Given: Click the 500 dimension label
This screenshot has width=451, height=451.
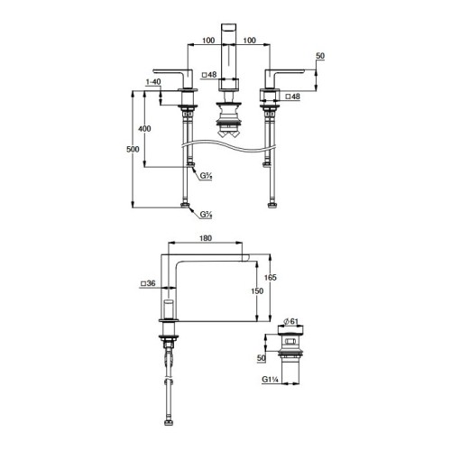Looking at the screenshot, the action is click(x=133, y=149).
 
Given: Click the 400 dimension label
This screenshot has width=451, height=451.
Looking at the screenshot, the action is click(x=144, y=129).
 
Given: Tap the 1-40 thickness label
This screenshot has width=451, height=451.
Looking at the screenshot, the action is click(x=153, y=82).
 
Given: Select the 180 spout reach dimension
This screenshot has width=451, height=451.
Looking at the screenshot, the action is click(x=206, y=238).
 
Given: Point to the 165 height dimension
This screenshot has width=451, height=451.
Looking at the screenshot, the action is click(x=270, y=277).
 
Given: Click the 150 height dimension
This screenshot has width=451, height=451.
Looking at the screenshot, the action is click(x=257, y=291).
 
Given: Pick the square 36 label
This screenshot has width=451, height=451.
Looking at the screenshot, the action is click(x=148, y=283).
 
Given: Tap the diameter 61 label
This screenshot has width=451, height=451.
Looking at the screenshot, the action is click(x=291, y=322).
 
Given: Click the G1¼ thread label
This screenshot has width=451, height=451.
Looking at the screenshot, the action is click(x=271, y=380).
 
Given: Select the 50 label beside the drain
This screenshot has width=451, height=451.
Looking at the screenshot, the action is click(x=262, y=358).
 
